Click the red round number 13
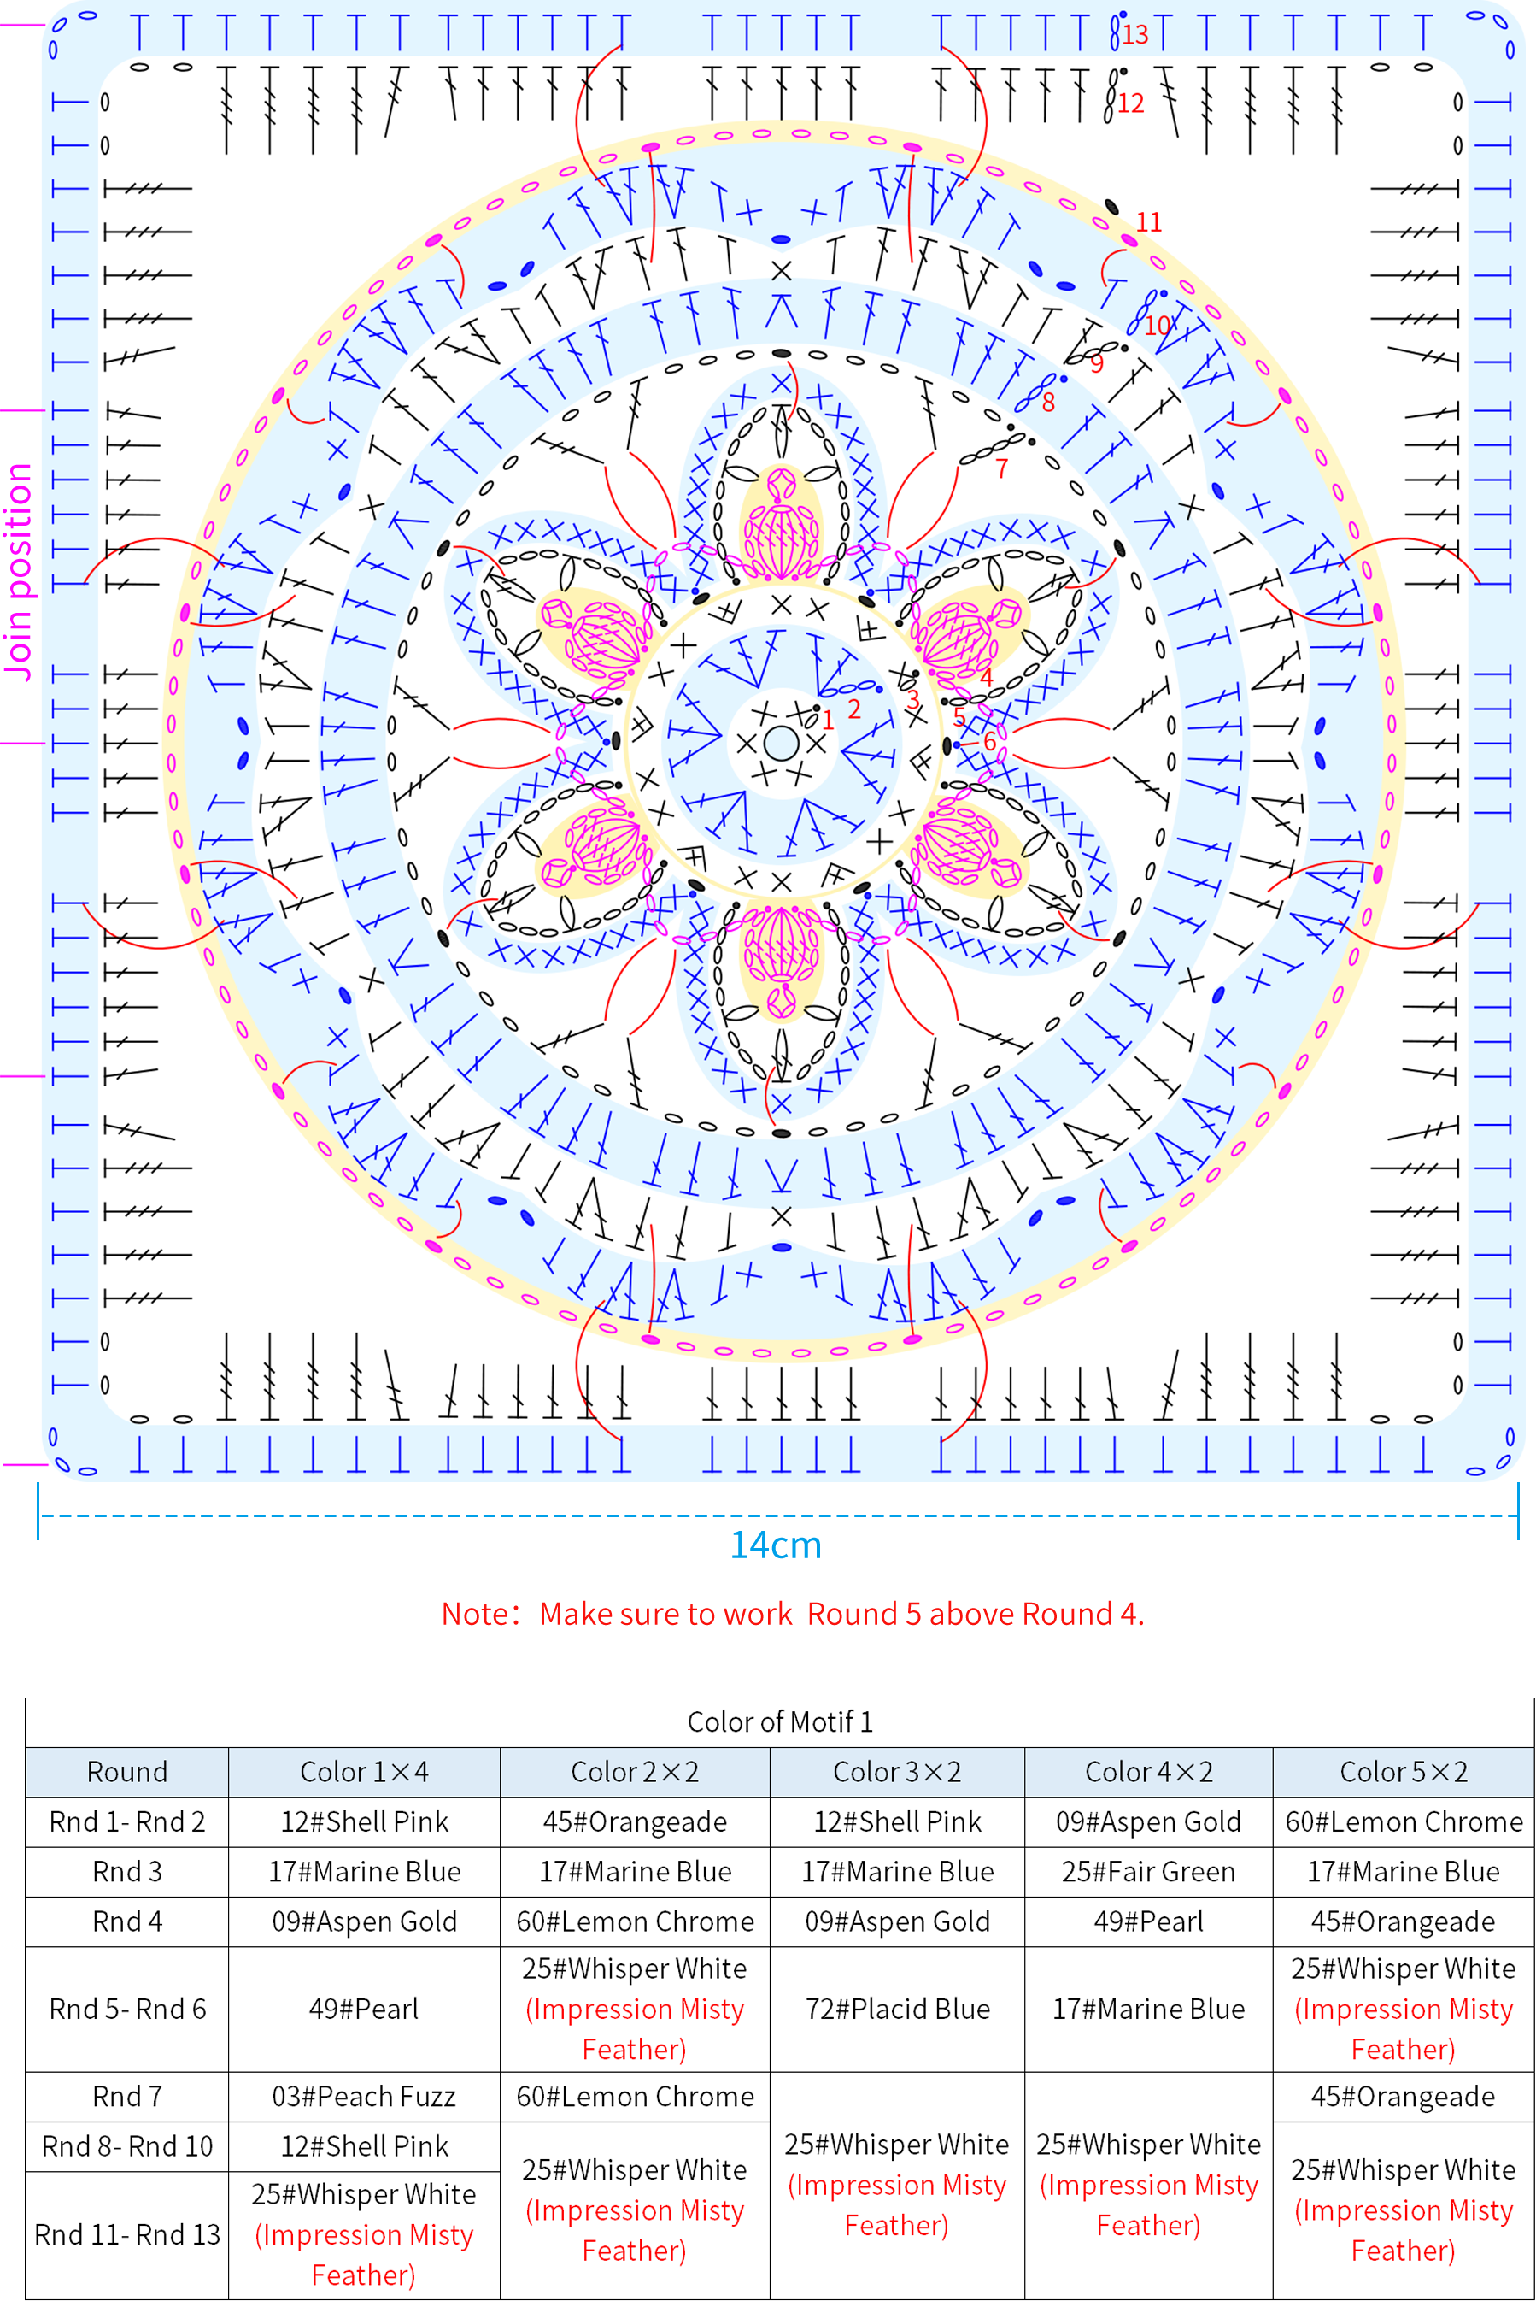(x=1135, y=35)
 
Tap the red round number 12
(x=1130, y=104)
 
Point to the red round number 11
(x=1149, y=222)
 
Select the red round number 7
(x=1001, y=469)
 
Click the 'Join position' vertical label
(x=19, y=571)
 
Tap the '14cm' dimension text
(x=776, y=1545)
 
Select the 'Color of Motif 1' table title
(x=780, y=1721)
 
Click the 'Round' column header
(x=127, y=1772)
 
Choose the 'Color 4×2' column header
(x=1149, y=1772)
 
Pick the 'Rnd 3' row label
(x=127, y=1872)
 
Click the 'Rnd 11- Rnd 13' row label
(x=127, y=2234)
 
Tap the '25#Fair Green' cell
(x=1149, y=1872)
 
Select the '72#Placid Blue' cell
(x=897, y=2009)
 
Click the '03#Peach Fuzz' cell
(x=365, y=2096)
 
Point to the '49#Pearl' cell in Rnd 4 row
(x=1149, y=1921)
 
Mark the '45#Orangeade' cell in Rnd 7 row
(x=1404, y=2096)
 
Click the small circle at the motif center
(x=781, y=744)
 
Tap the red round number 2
(x=854, y=709)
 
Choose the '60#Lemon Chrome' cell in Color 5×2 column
(x=1404, y=1821)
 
